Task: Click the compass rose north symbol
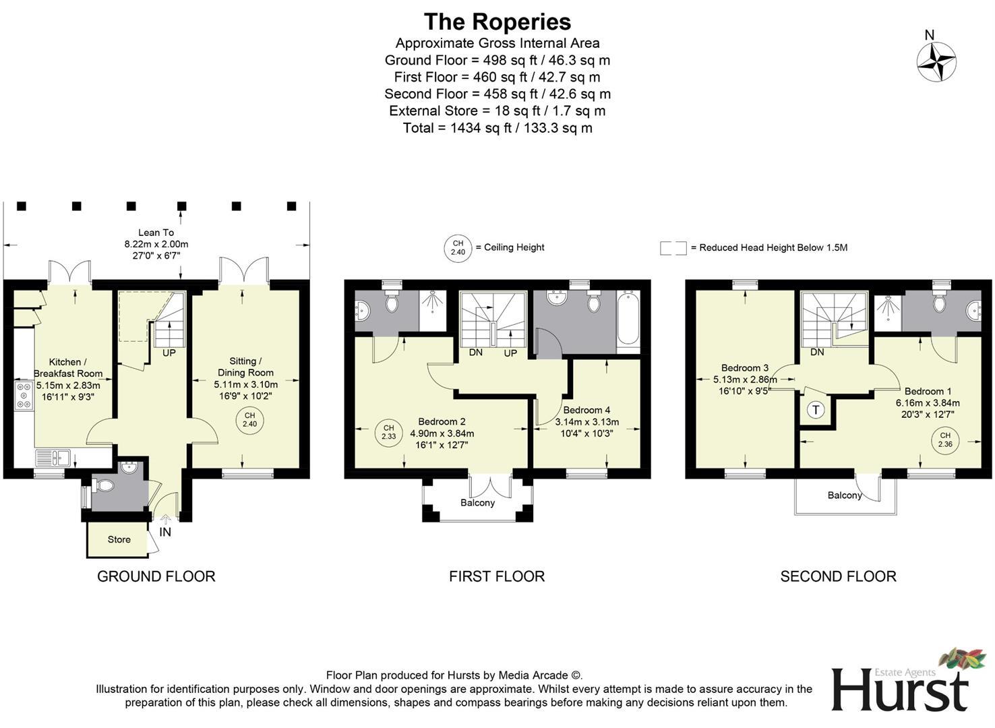(x=936, y=61)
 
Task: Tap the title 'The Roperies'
(x=497, y=22)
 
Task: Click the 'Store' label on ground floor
(x=119, y=539)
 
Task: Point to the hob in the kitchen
(x=24, y=395)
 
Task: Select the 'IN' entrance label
(x=165, y=532)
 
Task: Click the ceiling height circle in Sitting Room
(x=249, y=419)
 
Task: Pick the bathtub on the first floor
(x=628, y=320)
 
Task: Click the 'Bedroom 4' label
(x=586, y=410)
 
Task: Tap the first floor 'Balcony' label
(x=477, y=503)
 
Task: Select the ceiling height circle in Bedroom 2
(x=388, y=432)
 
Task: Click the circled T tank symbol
(x=816, y=409)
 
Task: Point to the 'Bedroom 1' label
(x=928, y=391)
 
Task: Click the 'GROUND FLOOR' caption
(x=156, y=576)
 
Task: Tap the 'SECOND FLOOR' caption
(x=838, y=576)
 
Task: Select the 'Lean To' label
(x=156, y=233)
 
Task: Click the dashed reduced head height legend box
(x=673, y=248)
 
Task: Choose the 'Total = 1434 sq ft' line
(x=497, y=128)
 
